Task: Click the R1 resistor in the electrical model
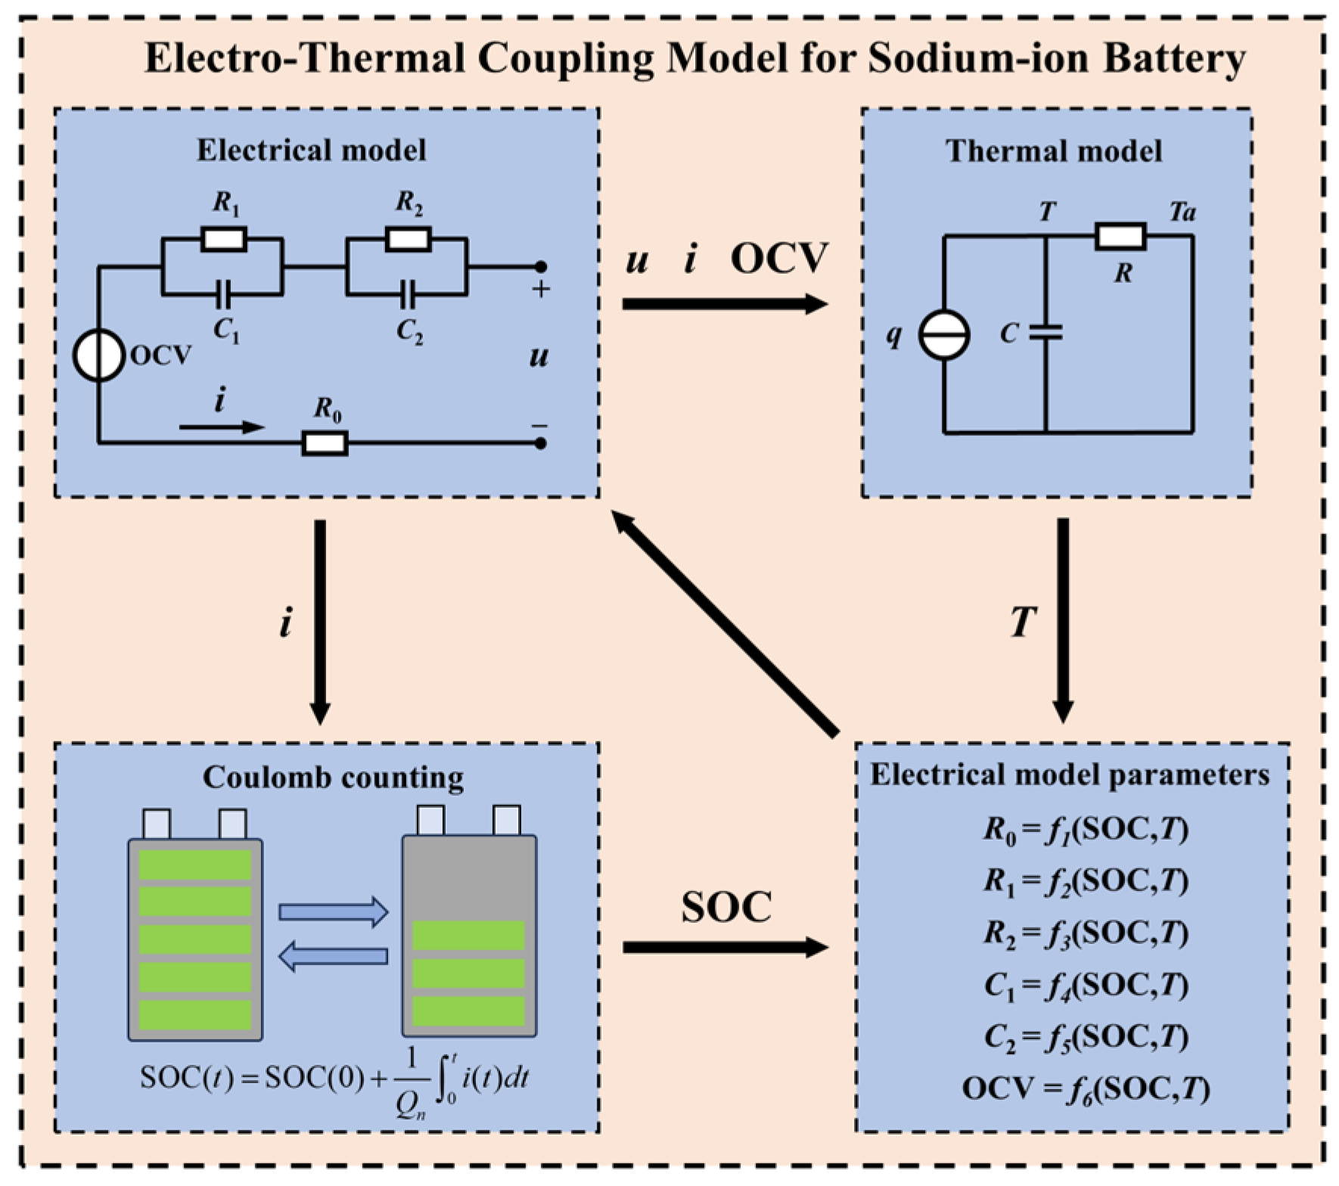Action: (224, 240)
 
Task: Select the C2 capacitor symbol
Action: (408, 294)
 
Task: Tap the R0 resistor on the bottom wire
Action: (325, 443)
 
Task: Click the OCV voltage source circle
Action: (98, 355)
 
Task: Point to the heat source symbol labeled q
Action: (943, 334)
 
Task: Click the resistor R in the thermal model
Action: (1120, 237)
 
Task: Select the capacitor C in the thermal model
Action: (1045, 333)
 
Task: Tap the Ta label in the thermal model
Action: (1182, 212)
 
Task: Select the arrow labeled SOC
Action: (725, 947)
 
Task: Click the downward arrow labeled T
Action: (1063, 620)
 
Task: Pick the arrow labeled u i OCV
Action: (725, 304)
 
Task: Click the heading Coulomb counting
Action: (333, 778)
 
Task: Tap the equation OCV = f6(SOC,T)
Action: (1086, 1088)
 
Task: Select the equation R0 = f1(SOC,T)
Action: (1086, 831)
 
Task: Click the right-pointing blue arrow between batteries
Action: (333, 912)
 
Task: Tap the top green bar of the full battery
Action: (195, 865)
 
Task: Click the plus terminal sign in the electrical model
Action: (540, 289)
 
